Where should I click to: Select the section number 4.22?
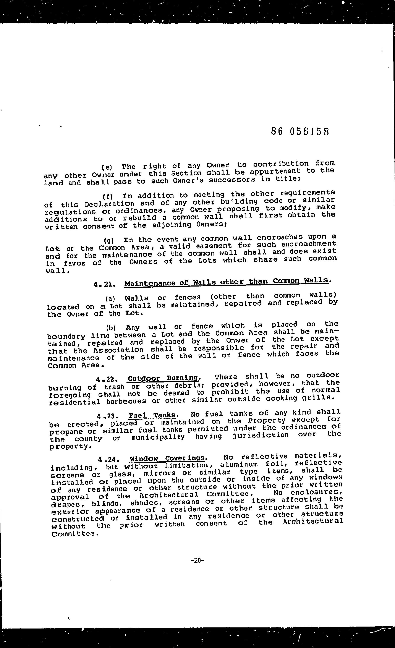[x=107, y=379]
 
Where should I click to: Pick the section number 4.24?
[x=109, y=460]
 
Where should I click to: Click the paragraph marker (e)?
[x=107, y=167]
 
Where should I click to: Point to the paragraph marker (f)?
[x=107, y=196]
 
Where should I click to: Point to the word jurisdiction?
[x=260, y=435]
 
